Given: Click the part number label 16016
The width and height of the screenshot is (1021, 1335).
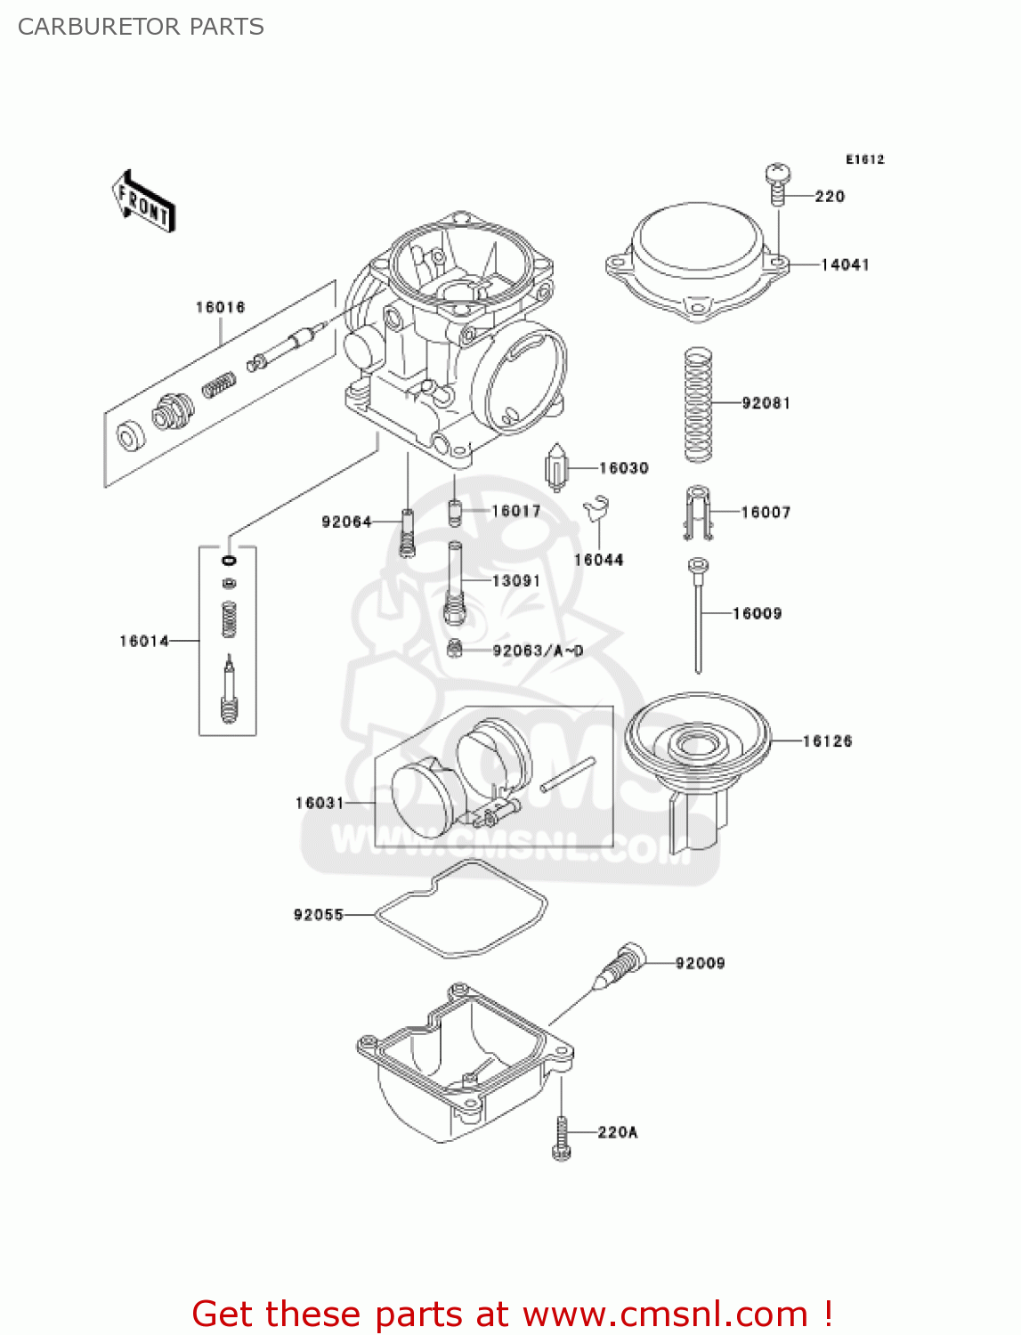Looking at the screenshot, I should [220, 307].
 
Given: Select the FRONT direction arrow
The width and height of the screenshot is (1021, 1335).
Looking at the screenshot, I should [142, 202].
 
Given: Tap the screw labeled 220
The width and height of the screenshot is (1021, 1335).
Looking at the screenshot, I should [778, 183].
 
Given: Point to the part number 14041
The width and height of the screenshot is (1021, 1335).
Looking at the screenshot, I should [844, 264].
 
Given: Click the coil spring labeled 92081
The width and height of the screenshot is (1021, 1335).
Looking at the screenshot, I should [698, 404].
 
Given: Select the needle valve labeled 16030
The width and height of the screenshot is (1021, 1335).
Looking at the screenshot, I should [556, 467].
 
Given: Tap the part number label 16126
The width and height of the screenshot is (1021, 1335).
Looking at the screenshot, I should [827, 740].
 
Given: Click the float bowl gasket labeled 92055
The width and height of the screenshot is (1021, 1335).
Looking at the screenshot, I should [460, 910].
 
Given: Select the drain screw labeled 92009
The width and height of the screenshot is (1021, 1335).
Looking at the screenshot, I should [622, 965].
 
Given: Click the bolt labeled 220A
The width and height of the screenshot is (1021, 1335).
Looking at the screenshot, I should [561, 1138].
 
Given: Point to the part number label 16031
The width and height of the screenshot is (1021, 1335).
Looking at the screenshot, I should [320, 803].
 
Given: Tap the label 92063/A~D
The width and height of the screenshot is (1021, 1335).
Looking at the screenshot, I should [538, 651].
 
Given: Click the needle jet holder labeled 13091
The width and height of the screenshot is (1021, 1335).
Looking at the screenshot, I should [455, 583].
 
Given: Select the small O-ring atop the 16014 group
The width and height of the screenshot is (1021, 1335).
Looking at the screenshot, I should [229, 561].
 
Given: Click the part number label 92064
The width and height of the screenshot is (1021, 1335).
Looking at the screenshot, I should [346, 522].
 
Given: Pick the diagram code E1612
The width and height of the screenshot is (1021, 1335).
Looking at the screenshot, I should [864, 159].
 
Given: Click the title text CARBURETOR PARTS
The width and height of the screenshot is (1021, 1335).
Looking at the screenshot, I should [141, 27].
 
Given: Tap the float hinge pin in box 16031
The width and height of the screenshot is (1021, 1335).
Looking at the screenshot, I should [567, 773].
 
